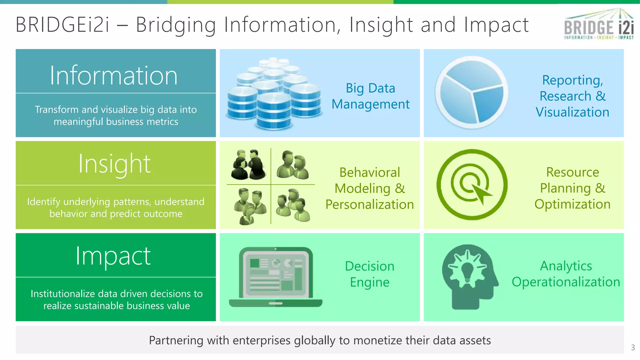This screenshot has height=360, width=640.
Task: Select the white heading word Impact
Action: click(113, 256)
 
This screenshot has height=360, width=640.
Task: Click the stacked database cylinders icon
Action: click(274, 93)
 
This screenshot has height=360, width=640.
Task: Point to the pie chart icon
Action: click(472, 92)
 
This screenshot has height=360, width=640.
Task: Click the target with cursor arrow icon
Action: click(472, 185)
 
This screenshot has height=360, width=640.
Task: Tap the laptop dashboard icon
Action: click(275, 277)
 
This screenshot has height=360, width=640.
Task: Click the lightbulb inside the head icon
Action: click(467, 271)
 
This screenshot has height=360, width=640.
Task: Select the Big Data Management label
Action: click(370, 96)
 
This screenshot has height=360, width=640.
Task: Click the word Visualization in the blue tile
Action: click(572, 112)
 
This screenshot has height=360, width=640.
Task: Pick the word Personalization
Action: click(369, 204)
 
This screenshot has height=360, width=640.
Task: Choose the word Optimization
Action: click(572, 204)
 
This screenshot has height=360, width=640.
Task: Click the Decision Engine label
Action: click(370, 274)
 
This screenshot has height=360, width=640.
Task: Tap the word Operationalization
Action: click(566, 282)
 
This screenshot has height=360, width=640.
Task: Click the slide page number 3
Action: click(633, 347)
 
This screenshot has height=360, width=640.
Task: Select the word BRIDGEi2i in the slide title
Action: click(62, 25)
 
